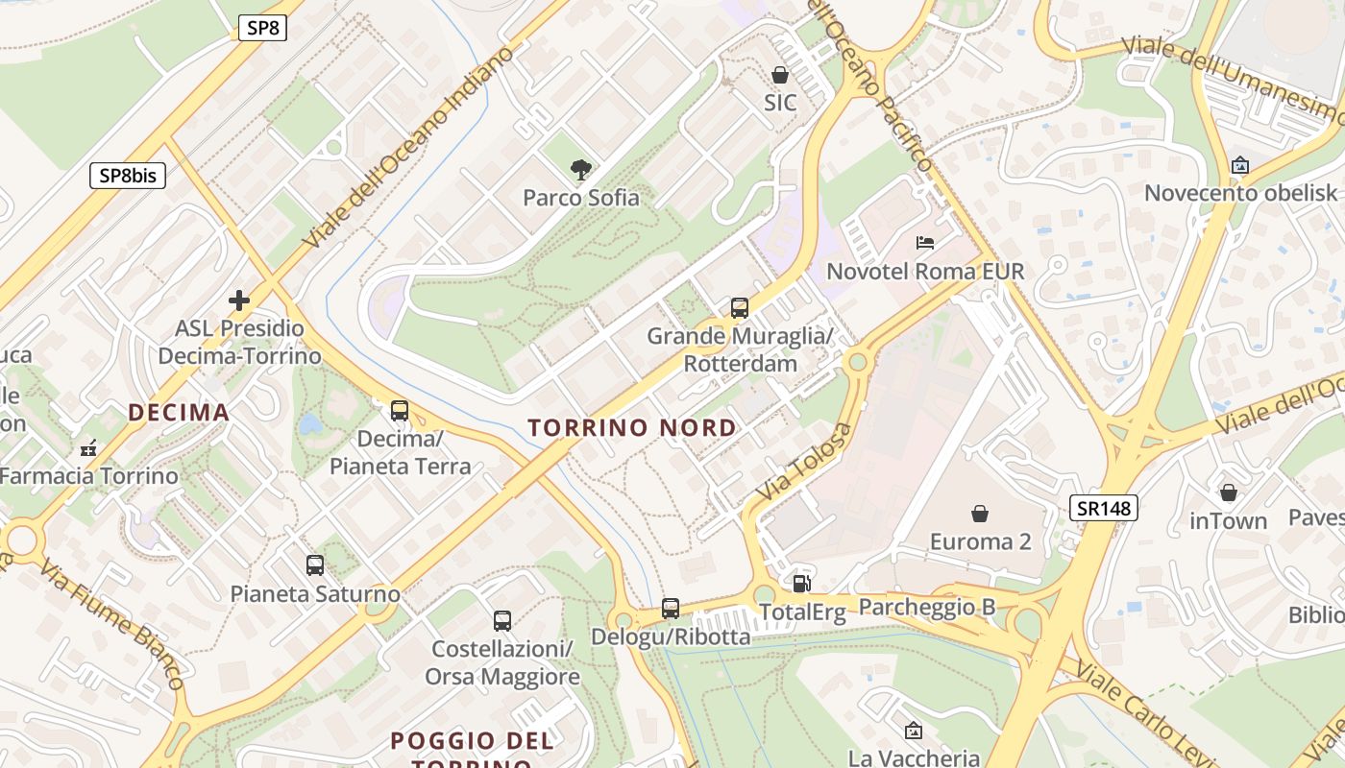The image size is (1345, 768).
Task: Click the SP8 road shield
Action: [x=262, y=28]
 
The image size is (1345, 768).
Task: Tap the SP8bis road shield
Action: [x=128, y=176]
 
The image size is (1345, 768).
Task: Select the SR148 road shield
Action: [x=1103, y=508]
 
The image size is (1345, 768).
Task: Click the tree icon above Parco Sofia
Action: [x=580, y=171]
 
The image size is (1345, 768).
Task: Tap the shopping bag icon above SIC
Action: [x=780, y=75]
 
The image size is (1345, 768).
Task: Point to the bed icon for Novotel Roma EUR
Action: [x=925, y=243]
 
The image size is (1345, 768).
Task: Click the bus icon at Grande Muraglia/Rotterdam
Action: [x=739, y=308]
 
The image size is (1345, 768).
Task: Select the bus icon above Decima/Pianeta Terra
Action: [x=400, y=411]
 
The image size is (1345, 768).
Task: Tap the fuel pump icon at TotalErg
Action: [x=801, y=583]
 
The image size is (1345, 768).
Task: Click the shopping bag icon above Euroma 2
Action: [x=980, y=514]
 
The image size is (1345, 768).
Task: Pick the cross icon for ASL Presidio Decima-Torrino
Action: [x=239, y=300]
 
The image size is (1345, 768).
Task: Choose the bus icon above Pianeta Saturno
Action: [x=315, y=565]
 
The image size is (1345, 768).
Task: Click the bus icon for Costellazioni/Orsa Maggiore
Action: [x=501, y=621]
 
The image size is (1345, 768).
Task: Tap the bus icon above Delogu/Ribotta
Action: [x=671, y=608]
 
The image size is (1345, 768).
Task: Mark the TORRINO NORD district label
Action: [x=632, y=428]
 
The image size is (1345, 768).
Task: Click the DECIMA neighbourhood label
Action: [x=179, y=413]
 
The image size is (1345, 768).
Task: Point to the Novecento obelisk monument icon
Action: [x=1240, y=165]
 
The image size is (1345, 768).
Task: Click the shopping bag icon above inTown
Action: [x=1228, y=492]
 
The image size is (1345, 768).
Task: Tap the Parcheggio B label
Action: [x=926, y=607]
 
